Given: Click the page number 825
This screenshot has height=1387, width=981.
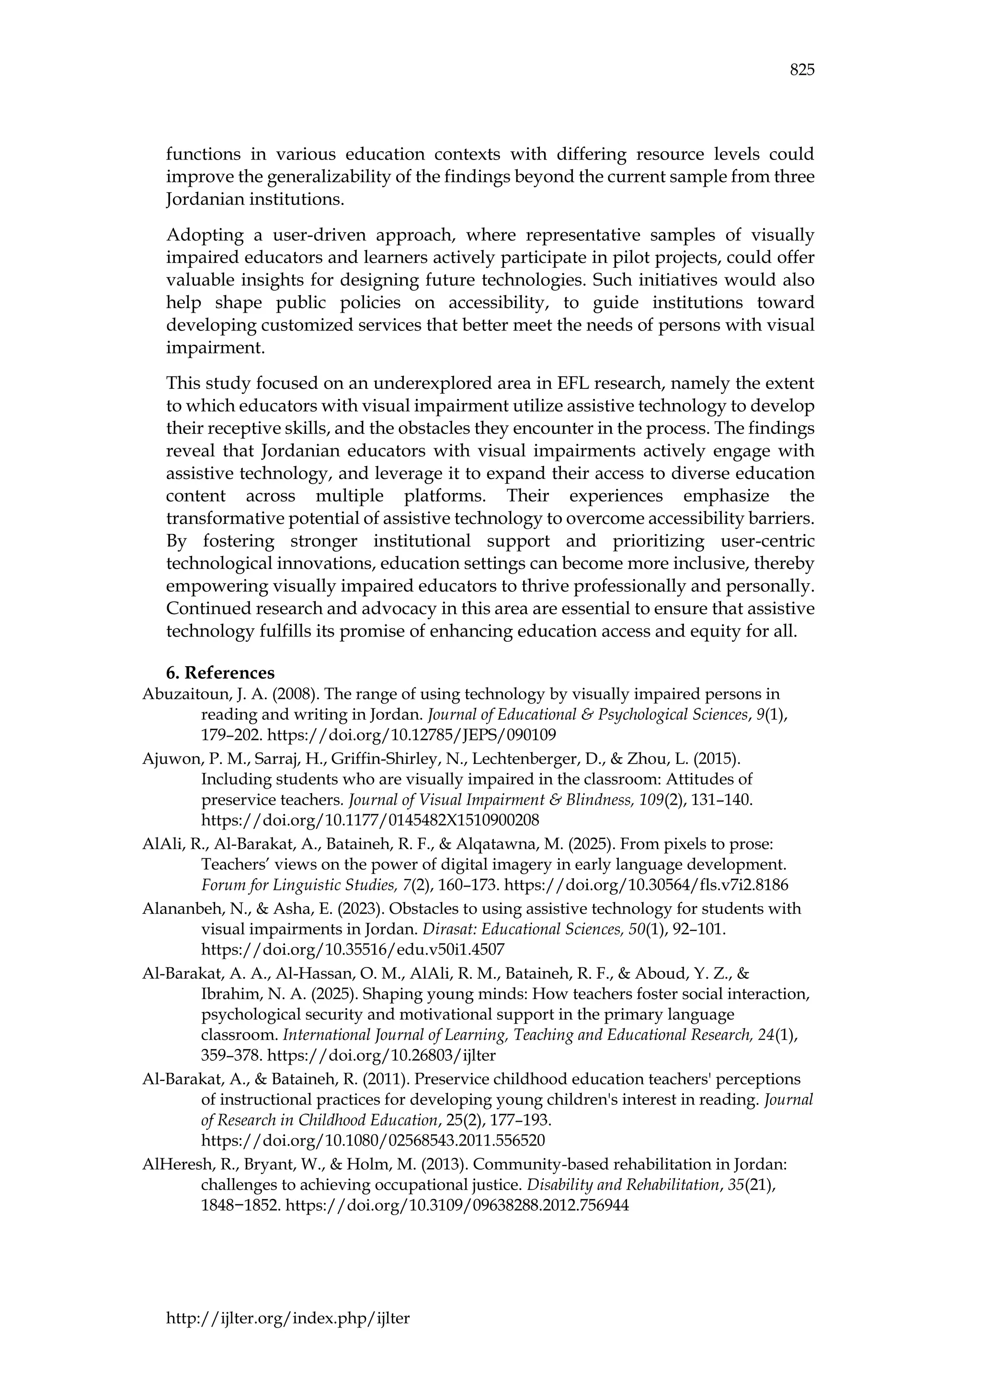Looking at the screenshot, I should pos(801,70).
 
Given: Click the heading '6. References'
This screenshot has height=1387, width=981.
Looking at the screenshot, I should pos(220,673).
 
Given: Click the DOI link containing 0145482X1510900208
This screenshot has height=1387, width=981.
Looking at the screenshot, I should pos(370,820).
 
